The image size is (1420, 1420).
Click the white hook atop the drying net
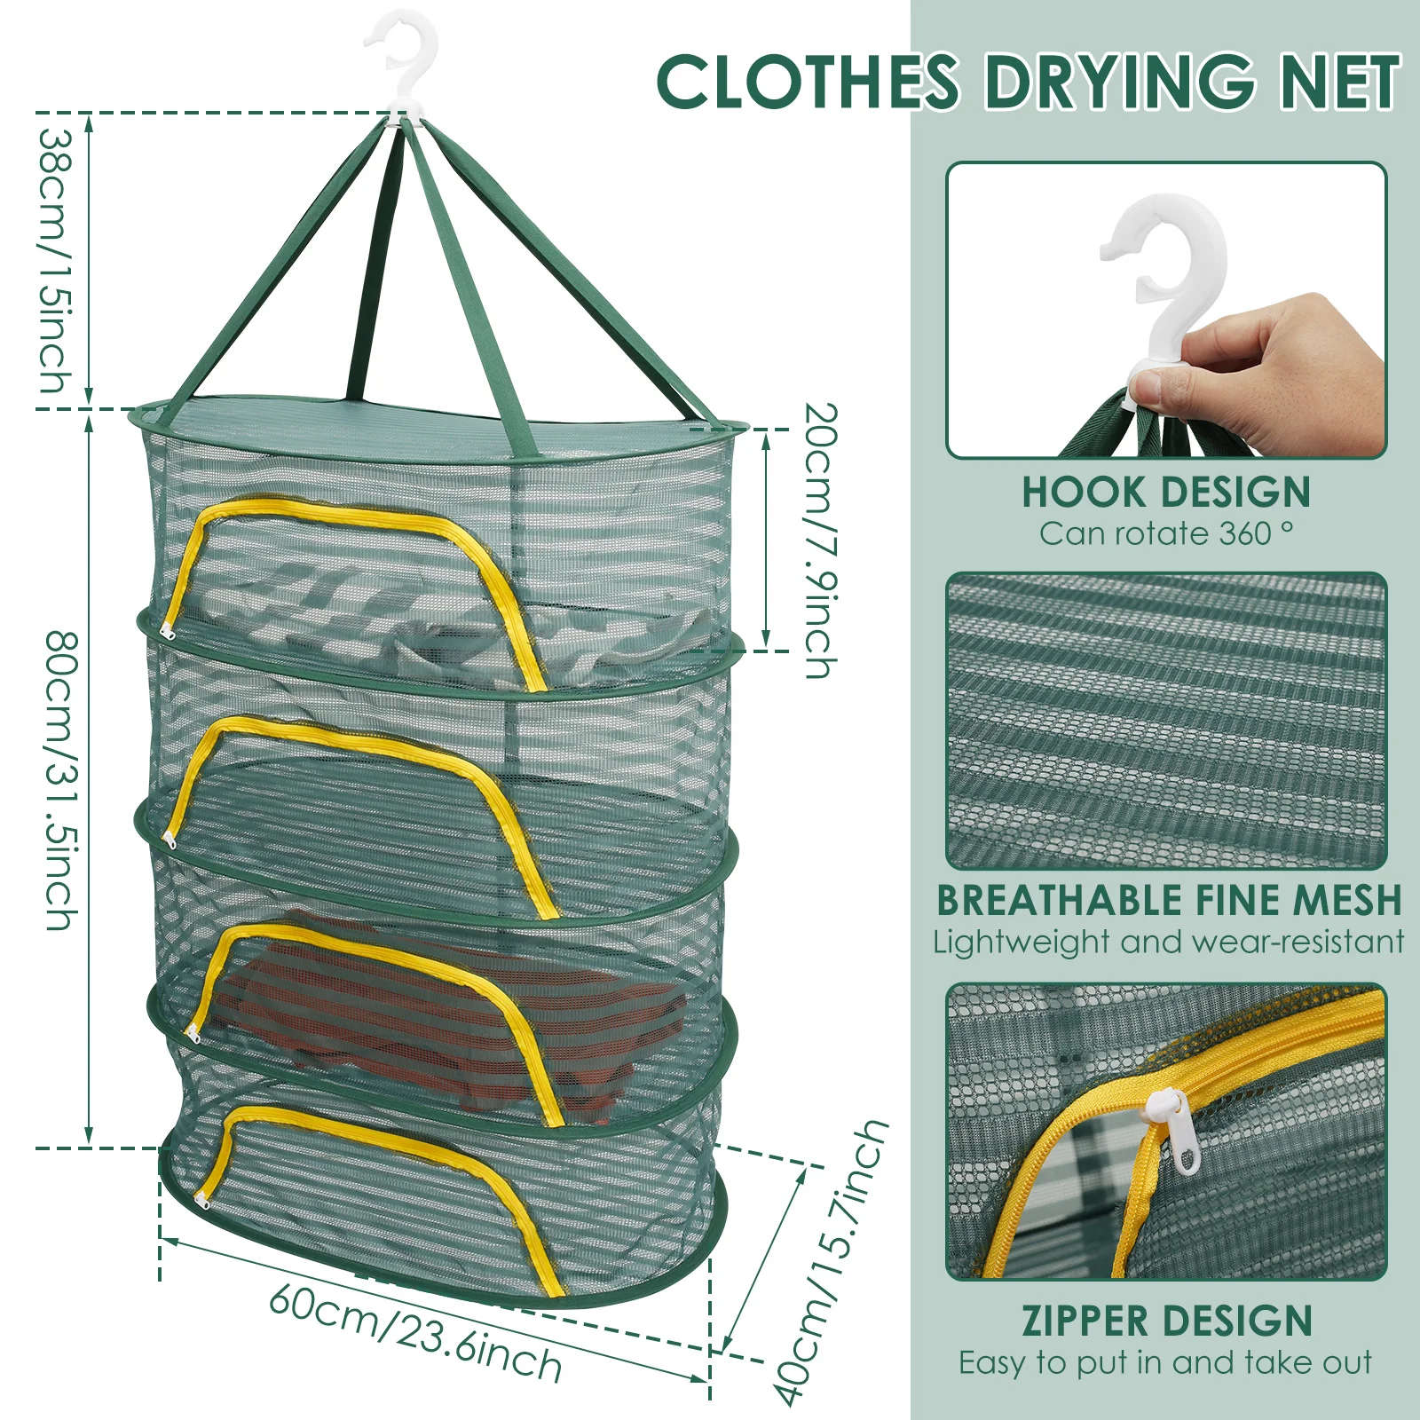404,62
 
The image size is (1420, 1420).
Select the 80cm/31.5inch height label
62,781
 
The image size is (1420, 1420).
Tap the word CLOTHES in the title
808,82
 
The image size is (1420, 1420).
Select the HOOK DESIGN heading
1165,493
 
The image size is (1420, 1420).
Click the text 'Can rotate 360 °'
1165,533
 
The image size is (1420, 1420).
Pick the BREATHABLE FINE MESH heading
1169,900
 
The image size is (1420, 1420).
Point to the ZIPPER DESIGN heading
1166,1321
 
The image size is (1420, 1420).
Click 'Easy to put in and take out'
1165,1362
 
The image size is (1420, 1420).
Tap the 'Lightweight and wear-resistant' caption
1169,942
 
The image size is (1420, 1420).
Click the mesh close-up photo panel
1166,721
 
